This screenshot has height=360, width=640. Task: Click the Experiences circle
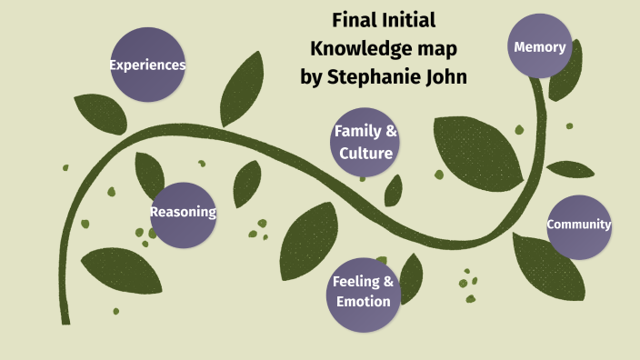click(x=147, y=65)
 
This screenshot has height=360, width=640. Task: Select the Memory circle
click(x=540, y=46)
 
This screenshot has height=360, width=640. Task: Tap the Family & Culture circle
click(x=365, y=142)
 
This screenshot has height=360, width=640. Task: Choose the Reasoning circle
click(x=183, y=213)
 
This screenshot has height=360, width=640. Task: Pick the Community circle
click(x=579, y=225)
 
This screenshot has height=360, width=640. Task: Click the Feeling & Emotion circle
click(x=364, y=291)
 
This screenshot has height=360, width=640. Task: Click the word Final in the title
click(x=355, y=20)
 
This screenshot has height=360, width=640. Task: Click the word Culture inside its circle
click(x=365, y=153)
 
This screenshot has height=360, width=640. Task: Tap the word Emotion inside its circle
click(x=364, y=301)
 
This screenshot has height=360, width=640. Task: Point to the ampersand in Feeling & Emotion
click(x=388, y=281)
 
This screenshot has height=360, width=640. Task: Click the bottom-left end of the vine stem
click(x=63, y=320)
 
